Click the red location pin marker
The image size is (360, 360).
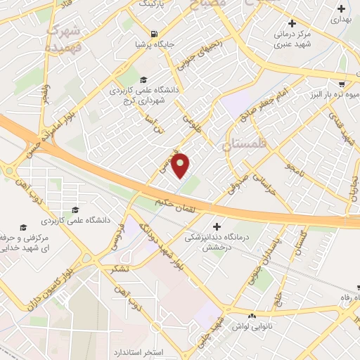coord(181,165)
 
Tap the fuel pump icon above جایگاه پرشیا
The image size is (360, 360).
coord(153,33)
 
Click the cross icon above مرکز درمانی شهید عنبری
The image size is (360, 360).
coord(290,22)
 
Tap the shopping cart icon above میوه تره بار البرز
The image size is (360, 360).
coord(343,81)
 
